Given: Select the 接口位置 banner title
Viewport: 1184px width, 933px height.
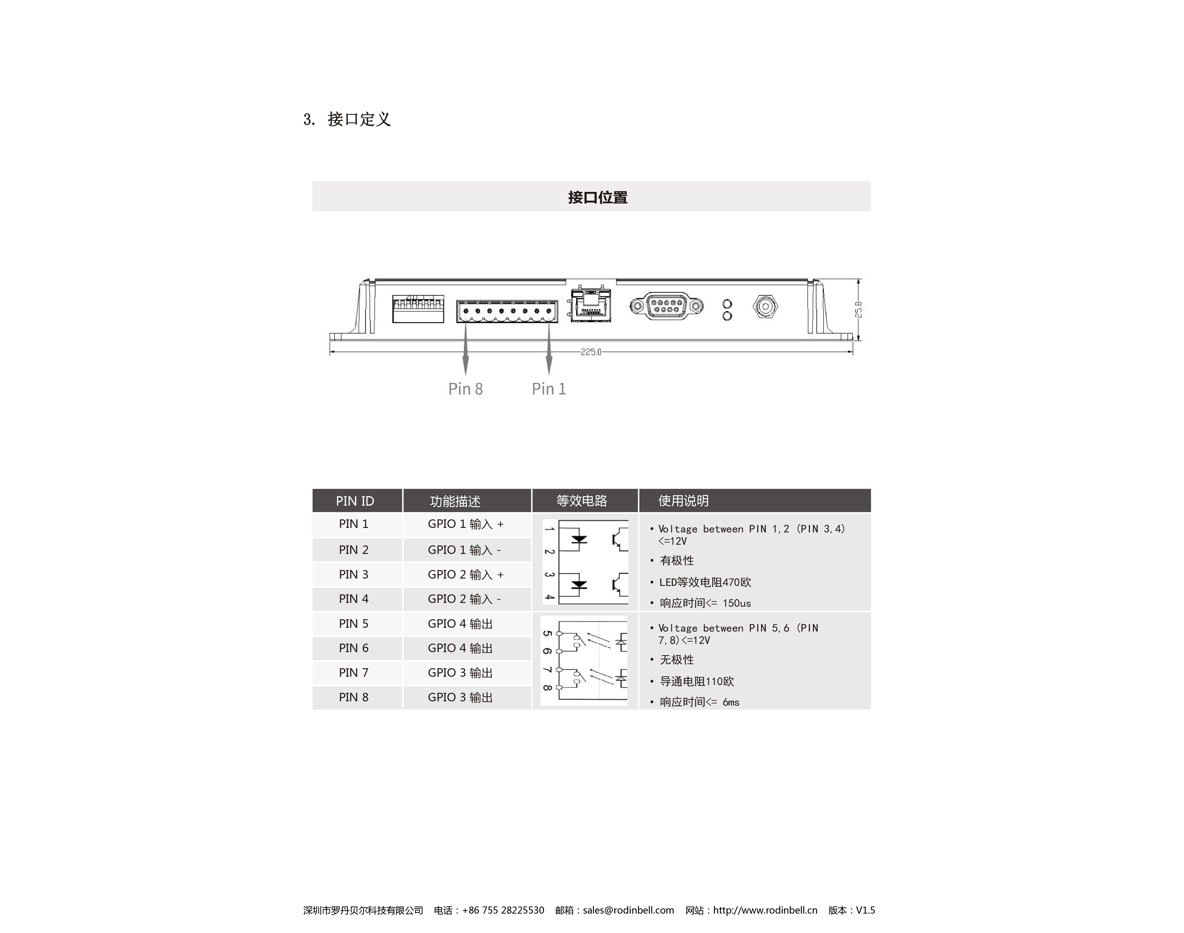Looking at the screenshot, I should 597,197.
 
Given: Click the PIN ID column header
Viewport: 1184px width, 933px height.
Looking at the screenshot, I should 355,501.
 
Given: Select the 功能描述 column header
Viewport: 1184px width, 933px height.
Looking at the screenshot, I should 455,501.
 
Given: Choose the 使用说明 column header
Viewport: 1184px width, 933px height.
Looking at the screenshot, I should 683,501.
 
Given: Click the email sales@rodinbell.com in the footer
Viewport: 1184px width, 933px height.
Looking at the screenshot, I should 628,910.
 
